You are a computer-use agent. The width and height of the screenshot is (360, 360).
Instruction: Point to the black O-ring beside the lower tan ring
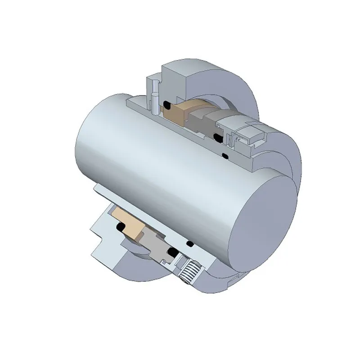[121, 227]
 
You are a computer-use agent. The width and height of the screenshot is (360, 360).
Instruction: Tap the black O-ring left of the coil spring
[171, 252]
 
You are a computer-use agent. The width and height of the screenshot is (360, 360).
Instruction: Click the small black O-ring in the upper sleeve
[225, 156]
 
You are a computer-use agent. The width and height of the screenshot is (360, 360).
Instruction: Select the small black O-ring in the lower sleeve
[190, 243]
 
